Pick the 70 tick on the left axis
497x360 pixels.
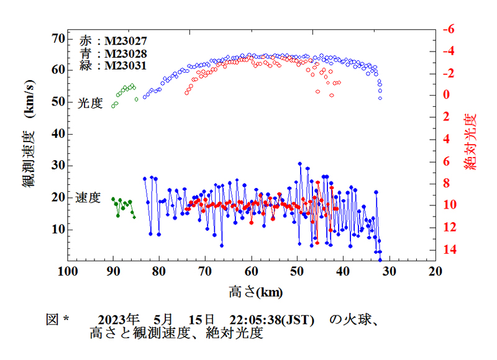tap(57, 38)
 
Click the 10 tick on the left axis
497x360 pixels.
tap(57, 229)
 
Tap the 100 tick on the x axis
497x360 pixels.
tap(67, 271)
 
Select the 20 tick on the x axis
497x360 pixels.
tap(435, 271)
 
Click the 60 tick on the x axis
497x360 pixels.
tap(252, 271)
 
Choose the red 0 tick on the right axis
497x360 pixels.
tap(446, 96)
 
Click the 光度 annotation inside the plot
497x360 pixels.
tap(89, 104)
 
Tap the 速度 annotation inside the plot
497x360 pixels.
tap(88, 198)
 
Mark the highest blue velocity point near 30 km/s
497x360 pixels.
tap(300, 164)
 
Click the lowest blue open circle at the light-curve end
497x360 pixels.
tap(380, 98)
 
